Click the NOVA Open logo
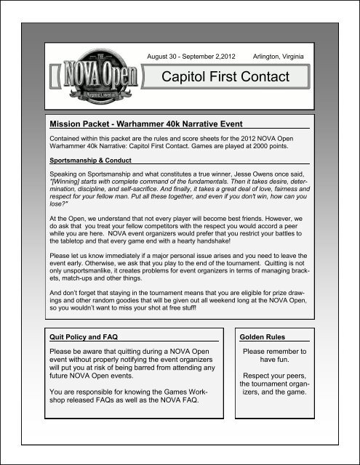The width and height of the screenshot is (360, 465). tap(91, 71)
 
